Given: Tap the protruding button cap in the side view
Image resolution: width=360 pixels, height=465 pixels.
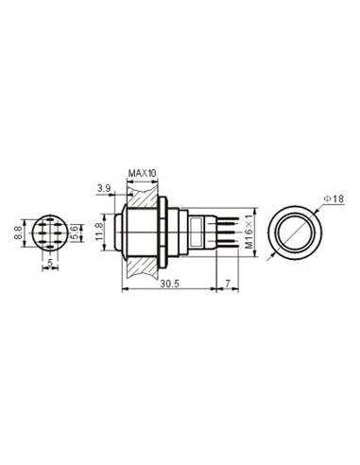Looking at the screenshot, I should coord(119,232).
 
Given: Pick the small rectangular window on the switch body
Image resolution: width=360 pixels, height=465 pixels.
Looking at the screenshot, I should coord(196,232).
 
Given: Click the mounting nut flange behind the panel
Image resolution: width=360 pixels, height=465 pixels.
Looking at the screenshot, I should coord(167,232).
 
